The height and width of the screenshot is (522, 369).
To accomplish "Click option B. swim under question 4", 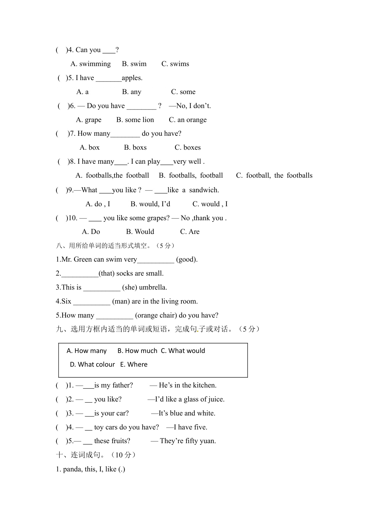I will pos(134,64).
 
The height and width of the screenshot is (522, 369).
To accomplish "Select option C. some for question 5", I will pos(183,92).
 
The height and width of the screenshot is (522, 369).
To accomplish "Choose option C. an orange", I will pos(188,120).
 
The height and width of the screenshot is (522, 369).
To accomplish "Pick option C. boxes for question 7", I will pos(188,148).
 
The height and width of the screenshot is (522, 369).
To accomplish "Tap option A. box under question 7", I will pos(89,148).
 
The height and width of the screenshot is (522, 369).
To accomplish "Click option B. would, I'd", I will pos(150,204).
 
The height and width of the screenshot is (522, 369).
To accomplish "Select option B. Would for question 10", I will pos(140,232).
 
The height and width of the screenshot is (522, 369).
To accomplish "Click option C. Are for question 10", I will pos(190,232).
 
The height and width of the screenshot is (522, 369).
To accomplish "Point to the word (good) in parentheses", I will pos(187,260).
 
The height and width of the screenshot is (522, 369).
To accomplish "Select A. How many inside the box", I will pos(87,351).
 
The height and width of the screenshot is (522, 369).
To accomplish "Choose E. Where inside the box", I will pos(134,365).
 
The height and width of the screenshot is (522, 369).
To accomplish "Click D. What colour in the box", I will pos(92,365).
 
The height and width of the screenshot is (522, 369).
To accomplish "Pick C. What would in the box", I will pos(183,351).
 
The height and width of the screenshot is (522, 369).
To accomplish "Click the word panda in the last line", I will pos(72,469).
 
